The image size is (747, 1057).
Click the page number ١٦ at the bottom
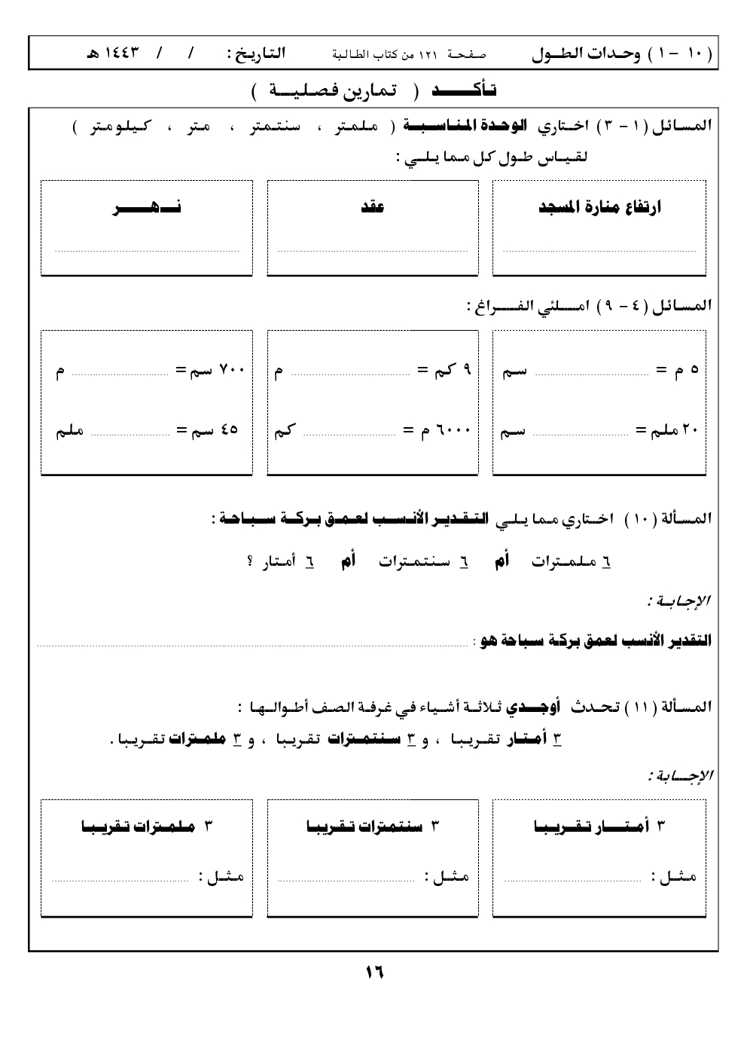tap(374, 972)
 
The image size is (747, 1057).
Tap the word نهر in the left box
tap(147, 209)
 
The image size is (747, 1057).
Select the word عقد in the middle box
tap(373, 208)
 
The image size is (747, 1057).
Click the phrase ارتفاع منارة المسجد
tap(600, 208)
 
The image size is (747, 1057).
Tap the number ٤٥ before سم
tap(230, 431)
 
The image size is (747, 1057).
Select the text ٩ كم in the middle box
tap(455, 371)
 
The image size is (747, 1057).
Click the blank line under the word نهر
tap(147, 249)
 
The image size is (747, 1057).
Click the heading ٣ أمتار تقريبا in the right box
tap(600, 826)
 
